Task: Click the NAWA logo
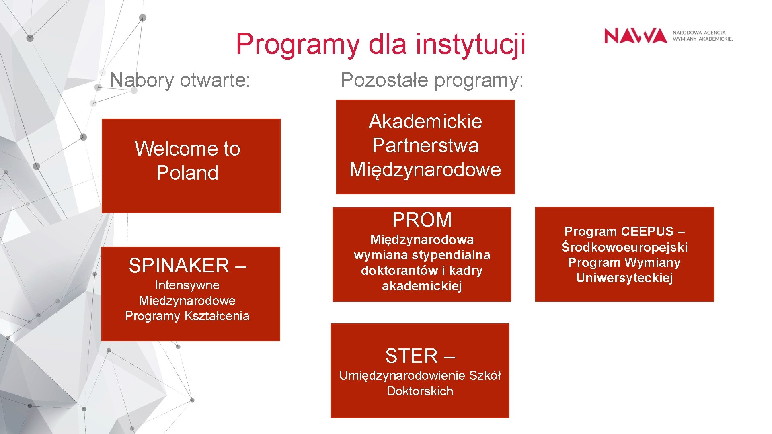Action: [635, 36]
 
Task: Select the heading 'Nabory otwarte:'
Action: [180, 80]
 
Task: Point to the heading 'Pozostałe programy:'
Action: [432, 80]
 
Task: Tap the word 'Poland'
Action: [187, 173]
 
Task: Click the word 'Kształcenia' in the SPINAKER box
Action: [217, 316]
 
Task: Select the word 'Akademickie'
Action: [425, 121]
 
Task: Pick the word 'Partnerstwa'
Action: [425, 145]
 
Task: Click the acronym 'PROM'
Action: [422, 220]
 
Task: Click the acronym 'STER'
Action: [411, 356]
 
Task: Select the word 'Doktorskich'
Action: [420, 391]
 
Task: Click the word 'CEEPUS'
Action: [647, 231]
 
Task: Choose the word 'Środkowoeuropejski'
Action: [624, 247]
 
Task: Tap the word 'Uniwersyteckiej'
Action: [624, 278]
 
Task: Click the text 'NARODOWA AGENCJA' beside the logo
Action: [699, 33]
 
